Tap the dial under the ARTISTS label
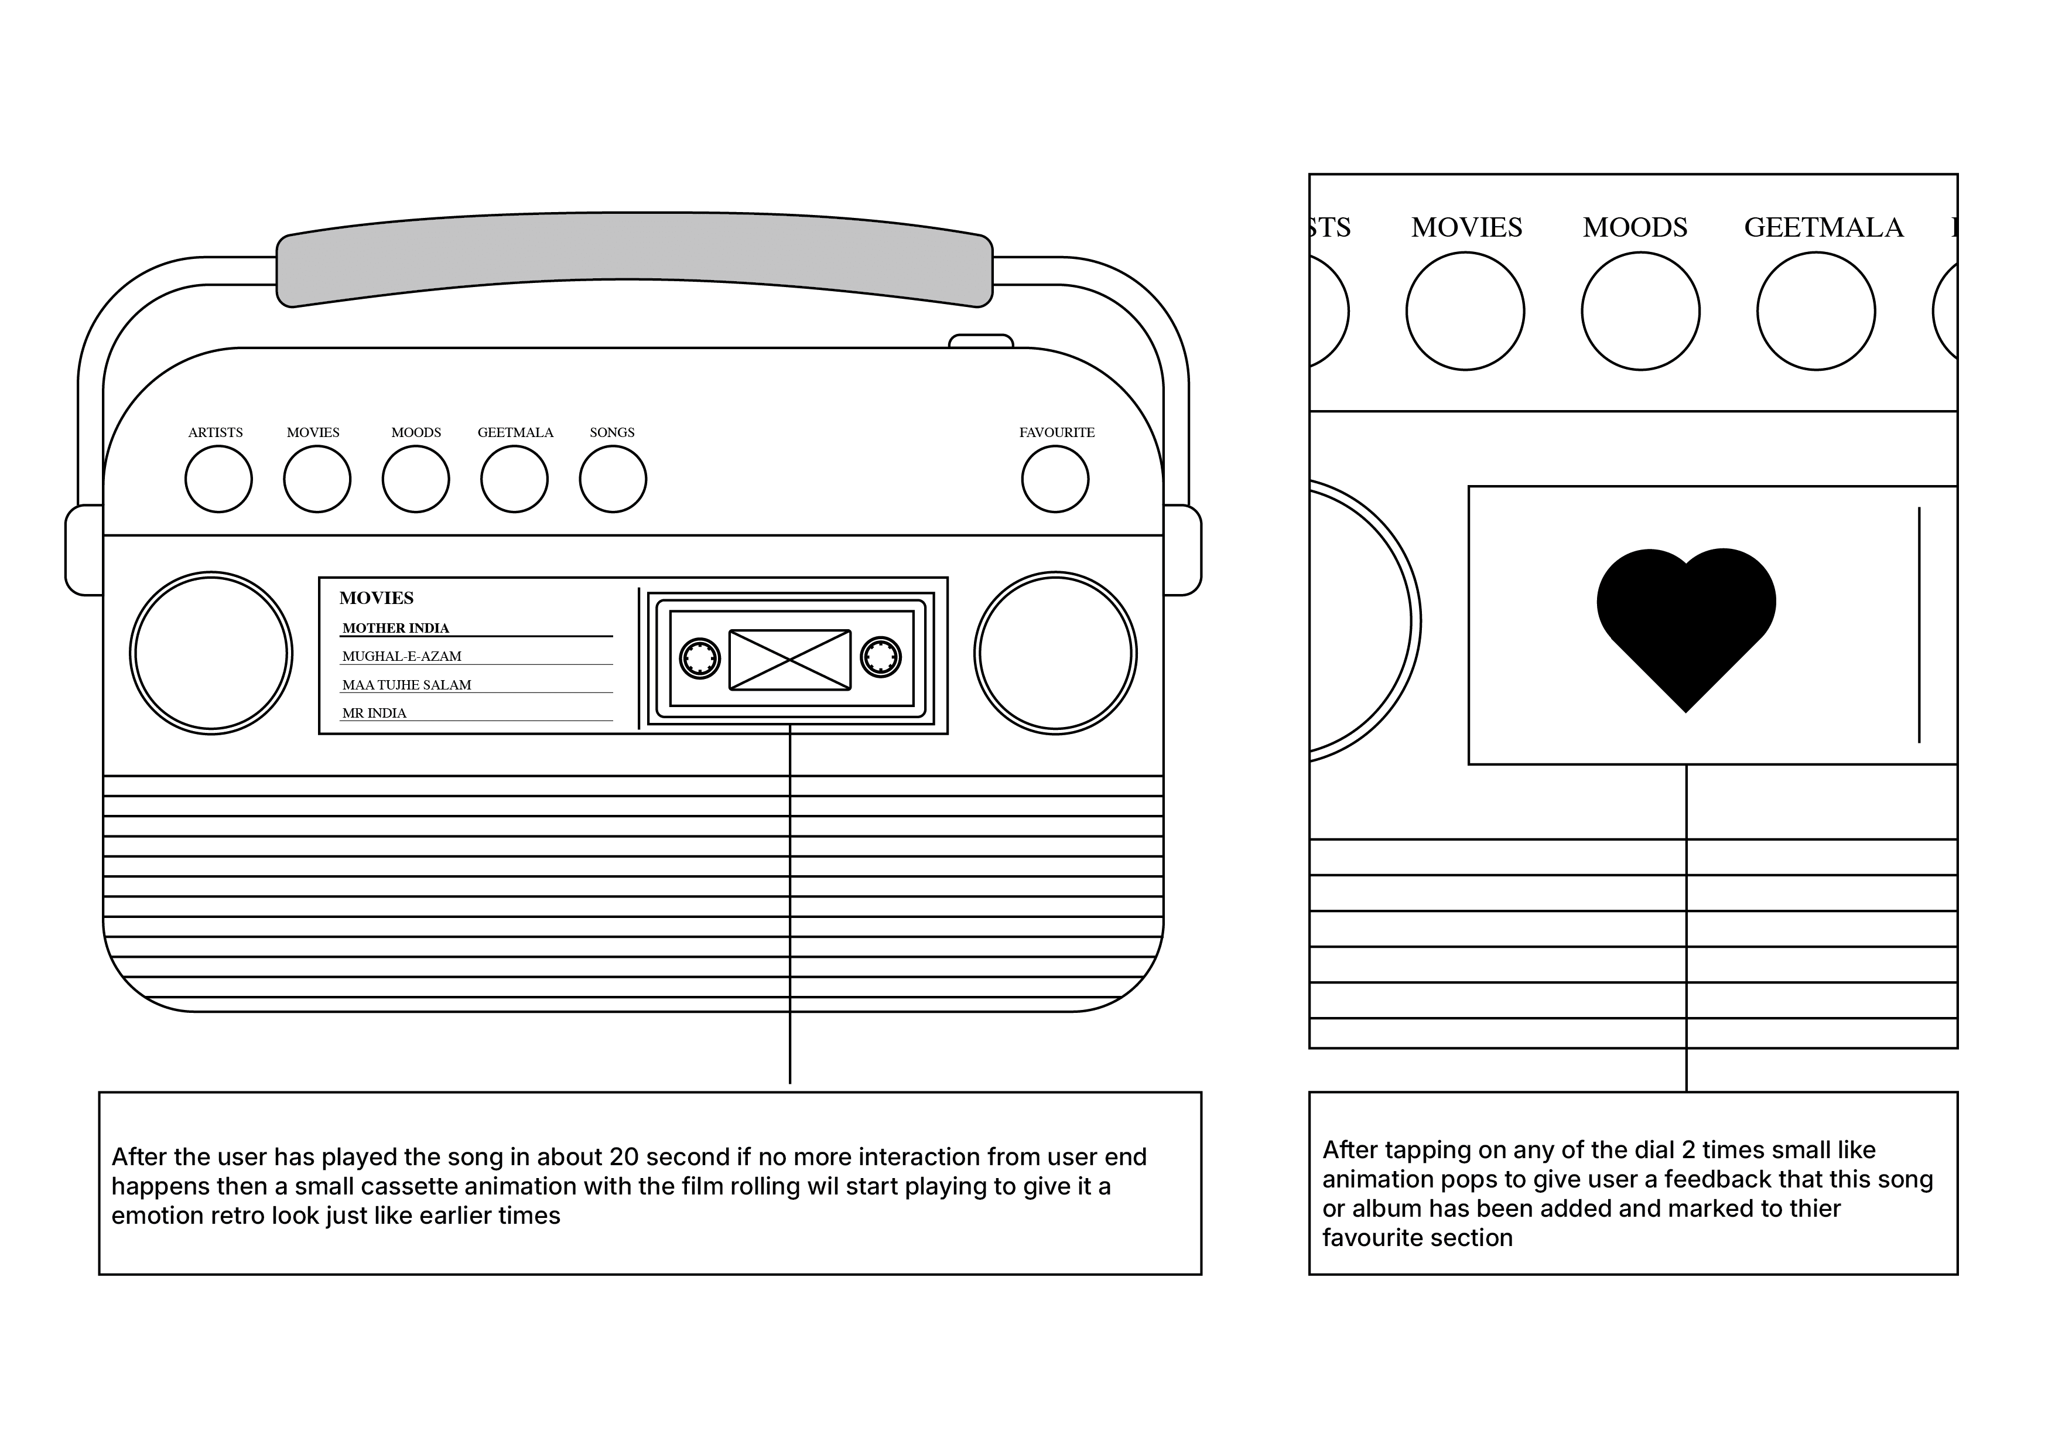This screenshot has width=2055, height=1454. (218, 479)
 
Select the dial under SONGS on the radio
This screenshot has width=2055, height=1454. (613, 479)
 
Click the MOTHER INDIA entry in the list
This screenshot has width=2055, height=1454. (396, 629)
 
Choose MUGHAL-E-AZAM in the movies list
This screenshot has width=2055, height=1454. (402, 656)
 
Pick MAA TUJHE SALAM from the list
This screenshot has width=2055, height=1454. (406, 685)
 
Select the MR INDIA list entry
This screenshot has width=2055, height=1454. (374, 714)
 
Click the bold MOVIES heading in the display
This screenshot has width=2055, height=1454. (376, 598)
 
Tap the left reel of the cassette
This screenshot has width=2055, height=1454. (700, 659)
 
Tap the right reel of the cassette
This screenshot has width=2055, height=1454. (881, 657)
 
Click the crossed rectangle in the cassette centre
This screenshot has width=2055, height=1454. (789, 660)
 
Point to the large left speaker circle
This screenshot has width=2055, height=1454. (211, 654)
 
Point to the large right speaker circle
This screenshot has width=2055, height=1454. (1055, 654)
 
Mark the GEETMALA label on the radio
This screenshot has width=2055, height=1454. (515, 432)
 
